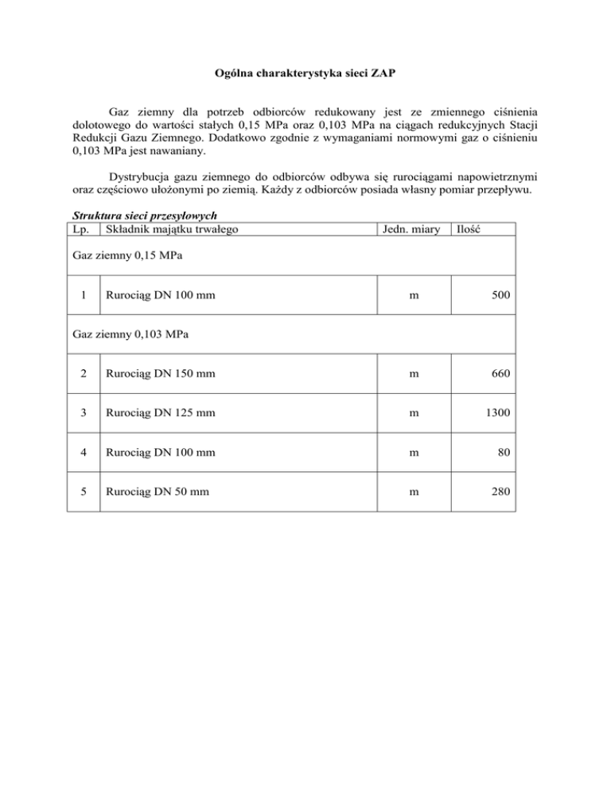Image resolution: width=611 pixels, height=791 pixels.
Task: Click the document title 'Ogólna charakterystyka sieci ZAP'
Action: point(305,74)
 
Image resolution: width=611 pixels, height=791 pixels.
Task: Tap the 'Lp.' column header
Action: point(80,229)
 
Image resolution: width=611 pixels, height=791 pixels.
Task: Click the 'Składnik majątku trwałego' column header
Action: point(169,229)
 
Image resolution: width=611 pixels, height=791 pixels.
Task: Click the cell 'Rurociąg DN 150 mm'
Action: point(155,373)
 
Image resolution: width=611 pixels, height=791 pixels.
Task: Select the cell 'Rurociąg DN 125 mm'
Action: point(155,413)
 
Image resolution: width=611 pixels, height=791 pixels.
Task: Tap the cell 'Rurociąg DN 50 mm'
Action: point(152,492)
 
